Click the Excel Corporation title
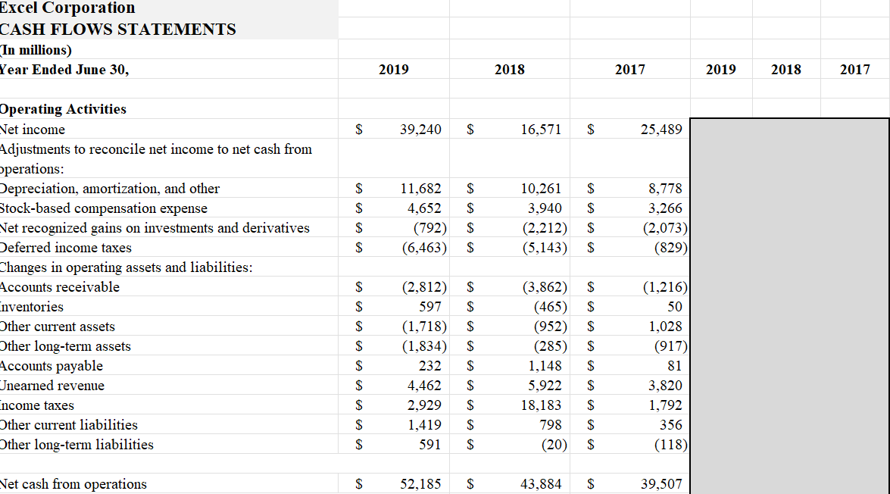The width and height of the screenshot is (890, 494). [67, 8]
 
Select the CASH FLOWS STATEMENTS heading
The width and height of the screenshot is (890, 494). [118, 30]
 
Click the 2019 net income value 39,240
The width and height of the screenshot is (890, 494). [420, 130]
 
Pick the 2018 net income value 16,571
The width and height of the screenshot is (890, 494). [541, 130]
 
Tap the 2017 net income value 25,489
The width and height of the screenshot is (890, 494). [660, 130]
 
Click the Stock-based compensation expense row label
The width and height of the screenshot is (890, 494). [104, 208]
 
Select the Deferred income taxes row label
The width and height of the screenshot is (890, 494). [66, 248]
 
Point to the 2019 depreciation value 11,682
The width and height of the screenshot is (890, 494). [420, 189]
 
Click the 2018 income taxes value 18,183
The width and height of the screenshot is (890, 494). [541, 405]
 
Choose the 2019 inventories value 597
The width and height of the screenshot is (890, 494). [429, 307]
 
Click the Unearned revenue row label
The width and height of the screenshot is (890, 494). [52, 386]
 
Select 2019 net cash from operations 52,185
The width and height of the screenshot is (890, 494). [420, 484]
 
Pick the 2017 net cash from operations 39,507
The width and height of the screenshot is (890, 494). [660, 484]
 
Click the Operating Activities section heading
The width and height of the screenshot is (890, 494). [63, 109]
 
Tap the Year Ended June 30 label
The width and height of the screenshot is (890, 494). [64, 70]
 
